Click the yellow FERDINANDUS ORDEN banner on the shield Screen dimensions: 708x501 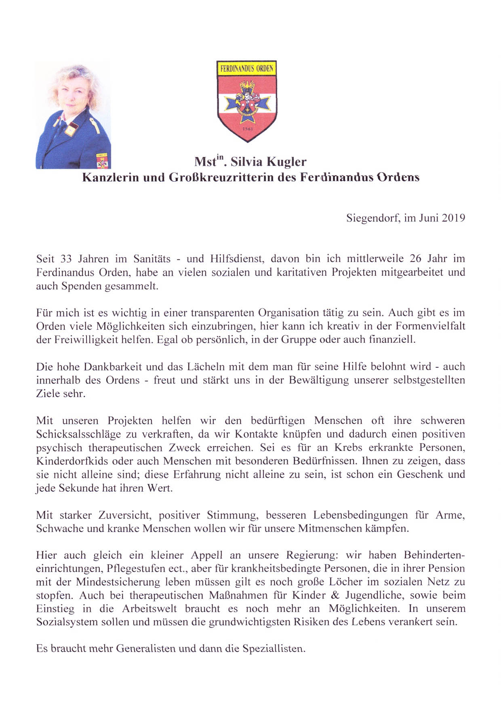pos(247,68)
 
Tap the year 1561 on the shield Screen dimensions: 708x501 pos(247,129)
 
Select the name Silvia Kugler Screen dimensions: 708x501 pos(268,162)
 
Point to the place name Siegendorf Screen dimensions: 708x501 pos(373,218)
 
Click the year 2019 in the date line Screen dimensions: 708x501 pos(453,218)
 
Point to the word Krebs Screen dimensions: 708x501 pos(349,448)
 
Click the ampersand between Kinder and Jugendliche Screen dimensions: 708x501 pos(335,595)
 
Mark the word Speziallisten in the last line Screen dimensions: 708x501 pos(274,649)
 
